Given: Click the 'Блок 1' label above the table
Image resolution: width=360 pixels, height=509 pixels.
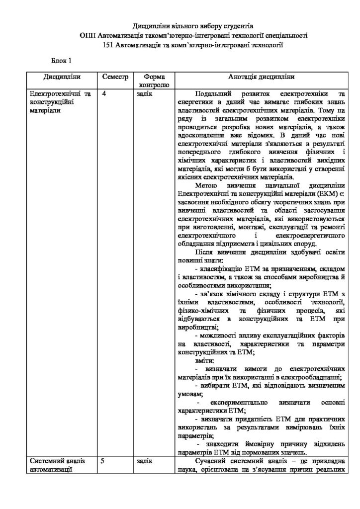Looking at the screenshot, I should tap(62, 61).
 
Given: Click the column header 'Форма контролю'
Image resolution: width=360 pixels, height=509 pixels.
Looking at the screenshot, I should tap(154, 81).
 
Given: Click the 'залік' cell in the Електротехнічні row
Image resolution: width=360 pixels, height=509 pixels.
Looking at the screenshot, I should tap(144, 93).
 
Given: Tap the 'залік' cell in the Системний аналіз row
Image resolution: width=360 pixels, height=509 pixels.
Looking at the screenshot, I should tap(144, 461).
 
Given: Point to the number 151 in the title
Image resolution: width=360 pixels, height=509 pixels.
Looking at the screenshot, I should tap(107, 46).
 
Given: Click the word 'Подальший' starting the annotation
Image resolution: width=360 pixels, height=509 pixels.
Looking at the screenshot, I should tap(214, 93).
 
